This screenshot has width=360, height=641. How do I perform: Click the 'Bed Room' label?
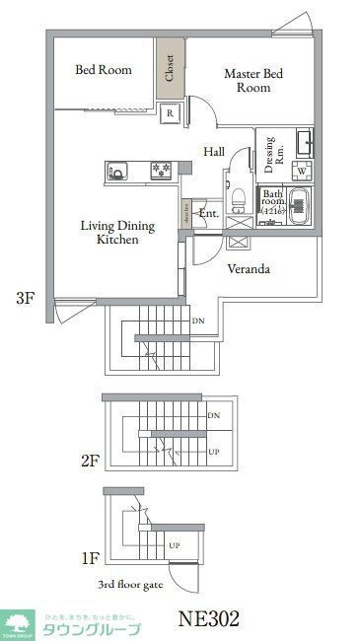pyautogui.click(x=104, y=70)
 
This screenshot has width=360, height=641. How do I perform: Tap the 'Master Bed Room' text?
pyautogui.click(x=252, y=81)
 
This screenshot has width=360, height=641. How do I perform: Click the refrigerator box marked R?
pyautogui.click(x=171, y=112)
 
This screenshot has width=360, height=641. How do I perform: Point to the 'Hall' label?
pyautogui.click(x=214, y=152)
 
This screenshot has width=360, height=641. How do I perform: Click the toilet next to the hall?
pyautogui.click(x=238, y=198)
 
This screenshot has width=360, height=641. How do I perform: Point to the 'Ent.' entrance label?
pyautogui.click(x=209, y=213)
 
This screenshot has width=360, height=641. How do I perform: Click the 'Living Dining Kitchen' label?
pyautogui.click(x=117, y=233)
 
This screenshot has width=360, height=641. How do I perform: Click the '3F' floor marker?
pyautogui.click(x=26, y=298)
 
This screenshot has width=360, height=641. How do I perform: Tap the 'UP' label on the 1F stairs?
pyautogui.click(x=174, y=545)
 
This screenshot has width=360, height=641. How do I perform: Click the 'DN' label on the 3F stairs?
pyautogui.click(x=197, y=321)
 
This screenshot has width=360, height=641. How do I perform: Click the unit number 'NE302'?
pyautogui.click(x=208, y=620)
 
